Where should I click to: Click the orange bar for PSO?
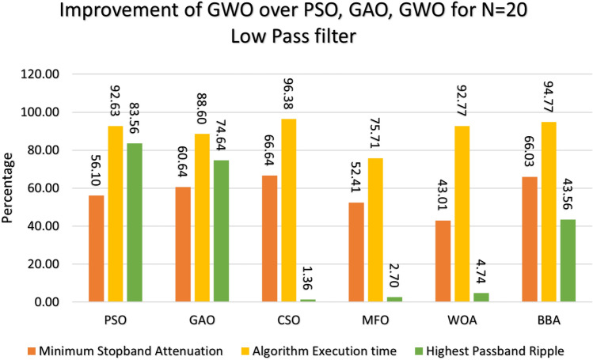[97, 248]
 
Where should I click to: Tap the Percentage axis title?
[10, 188]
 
